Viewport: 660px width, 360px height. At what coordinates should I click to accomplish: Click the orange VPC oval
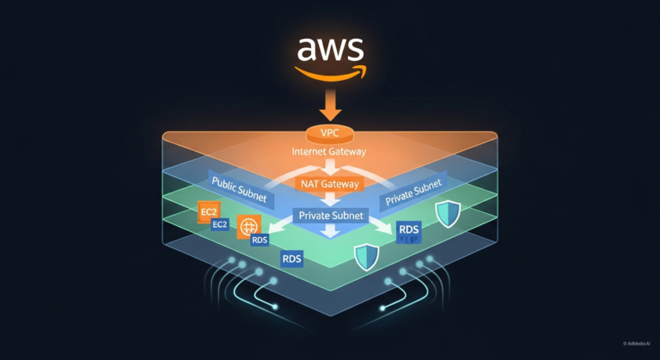[x=330, y=134]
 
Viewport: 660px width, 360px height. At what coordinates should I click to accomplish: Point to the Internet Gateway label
[x=329, y=152]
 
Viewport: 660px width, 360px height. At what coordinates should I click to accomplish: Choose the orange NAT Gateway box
[x=329, y=184]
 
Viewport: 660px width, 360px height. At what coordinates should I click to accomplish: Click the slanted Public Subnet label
[x=240, y=192]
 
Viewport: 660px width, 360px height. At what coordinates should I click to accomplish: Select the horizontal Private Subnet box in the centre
[x=330, y=217]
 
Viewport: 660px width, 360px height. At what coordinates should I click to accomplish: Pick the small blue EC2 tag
[x=221, y=225]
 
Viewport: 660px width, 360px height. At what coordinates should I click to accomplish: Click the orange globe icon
[x=249, y=228]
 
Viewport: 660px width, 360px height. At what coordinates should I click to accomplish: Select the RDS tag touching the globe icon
[x=260, y=241]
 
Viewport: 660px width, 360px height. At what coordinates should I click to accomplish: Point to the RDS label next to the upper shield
[x=410, y=229]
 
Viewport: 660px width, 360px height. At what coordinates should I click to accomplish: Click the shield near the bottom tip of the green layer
[x=368, y=255]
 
